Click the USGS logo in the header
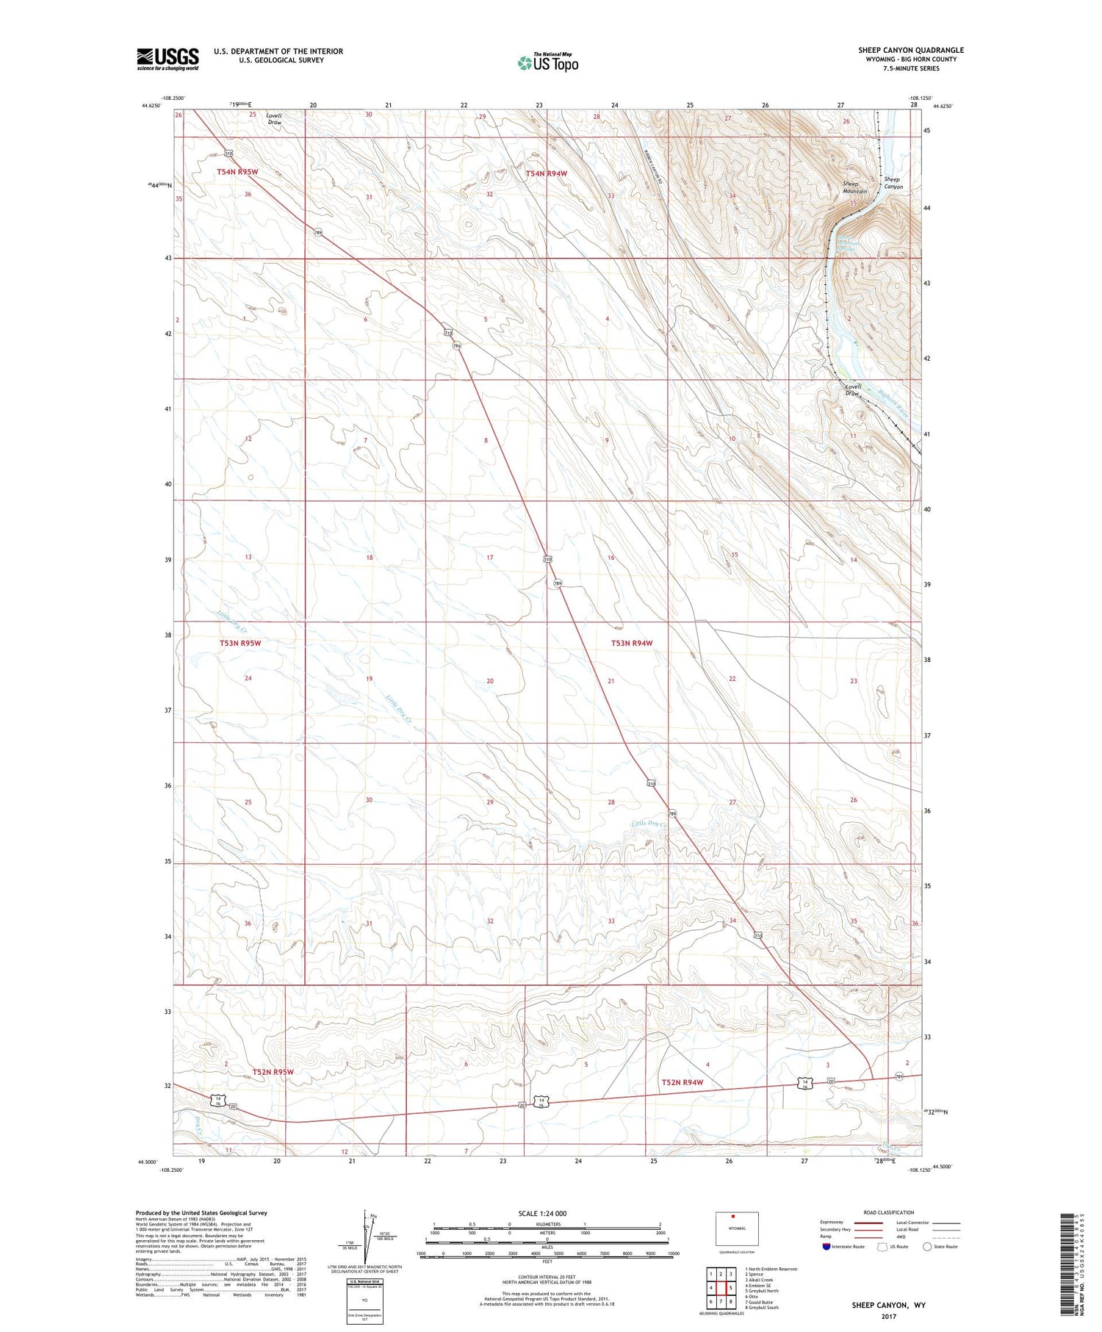click(x=168, y=59)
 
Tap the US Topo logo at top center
click(x=547, y=63)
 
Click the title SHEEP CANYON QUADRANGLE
click(x=911, y=50)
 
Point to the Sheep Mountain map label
click(x=854, y=187)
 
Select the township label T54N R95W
click(x=238, y=171)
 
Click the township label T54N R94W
click(x=547, y=173)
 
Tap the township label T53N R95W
click(x=240, y=643)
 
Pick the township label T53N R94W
click(x=632, y=643)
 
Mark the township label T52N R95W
click(x=273, y=1072)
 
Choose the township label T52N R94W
click(x=683, y=1082)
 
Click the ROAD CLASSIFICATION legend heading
click(x=888, y=1212)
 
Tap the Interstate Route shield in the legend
click(x=826, y=1247)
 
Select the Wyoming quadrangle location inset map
click(x=736, y=1228)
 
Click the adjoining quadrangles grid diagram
click(x=721, y=1286)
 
